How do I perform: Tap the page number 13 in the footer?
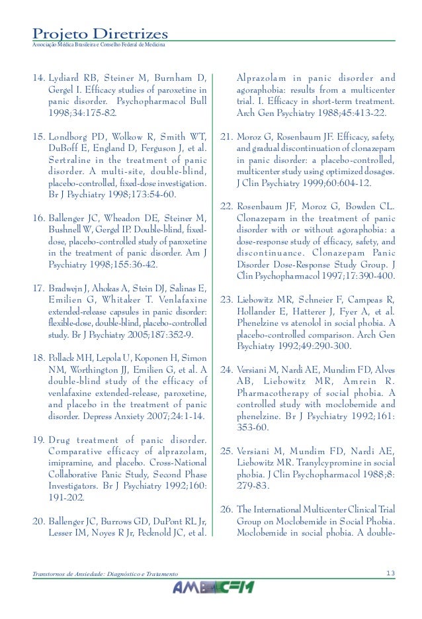click(x=390, y=571)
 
